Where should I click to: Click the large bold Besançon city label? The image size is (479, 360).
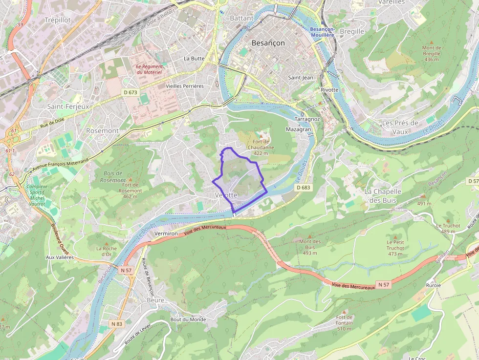pos(268,43)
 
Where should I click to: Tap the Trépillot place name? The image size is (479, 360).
pos(58,20)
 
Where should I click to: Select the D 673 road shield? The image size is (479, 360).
pos(130,92)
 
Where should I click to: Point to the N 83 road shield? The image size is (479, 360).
pos(116,324)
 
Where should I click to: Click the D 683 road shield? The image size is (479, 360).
pos(303,188)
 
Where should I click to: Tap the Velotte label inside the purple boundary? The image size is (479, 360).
pos(226,195)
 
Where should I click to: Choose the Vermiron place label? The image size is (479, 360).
pos(166,234)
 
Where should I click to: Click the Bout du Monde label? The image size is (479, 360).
pos(188,319)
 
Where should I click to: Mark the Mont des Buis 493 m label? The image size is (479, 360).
pos(310,247)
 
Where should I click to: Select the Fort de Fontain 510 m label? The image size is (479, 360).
pos(344,322)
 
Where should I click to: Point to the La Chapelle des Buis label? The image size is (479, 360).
pos(383,195)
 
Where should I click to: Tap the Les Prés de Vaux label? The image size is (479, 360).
pos(400,127)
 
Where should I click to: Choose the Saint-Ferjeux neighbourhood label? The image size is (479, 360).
pos(68,106)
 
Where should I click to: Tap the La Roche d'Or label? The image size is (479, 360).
pos(107,251)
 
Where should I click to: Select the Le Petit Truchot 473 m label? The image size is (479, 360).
pos(395,245)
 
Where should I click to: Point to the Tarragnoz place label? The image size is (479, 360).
pos(307,119)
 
